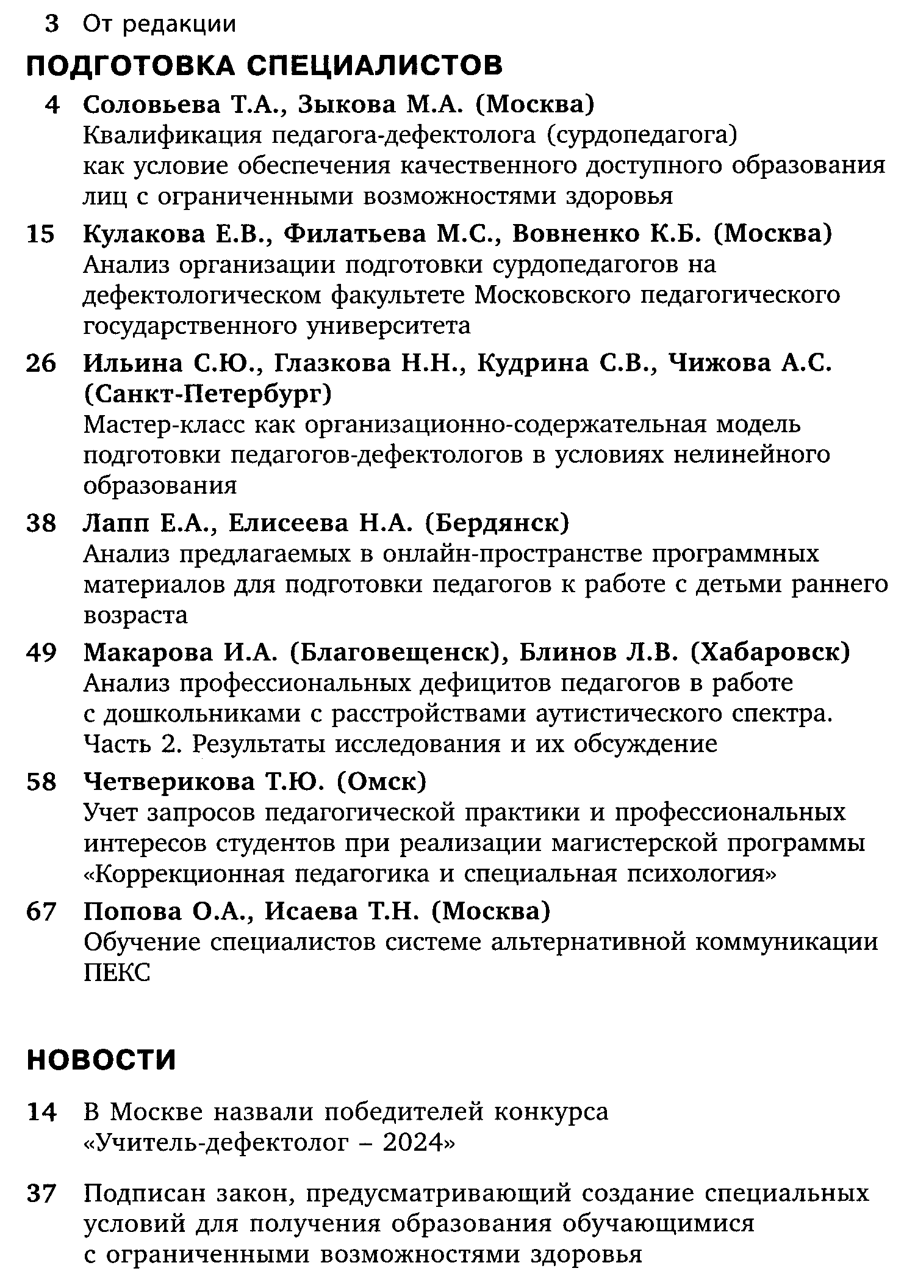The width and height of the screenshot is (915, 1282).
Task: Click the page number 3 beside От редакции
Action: pos(52,24)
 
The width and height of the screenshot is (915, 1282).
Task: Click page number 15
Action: pos(41,234)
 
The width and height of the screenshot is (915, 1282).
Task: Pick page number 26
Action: pos(41,364)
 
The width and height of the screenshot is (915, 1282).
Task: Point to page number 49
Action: pos(41,653)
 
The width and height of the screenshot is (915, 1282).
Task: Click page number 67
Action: pos(41,911)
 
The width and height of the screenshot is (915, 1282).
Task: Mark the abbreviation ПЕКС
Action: pos(117,972)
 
